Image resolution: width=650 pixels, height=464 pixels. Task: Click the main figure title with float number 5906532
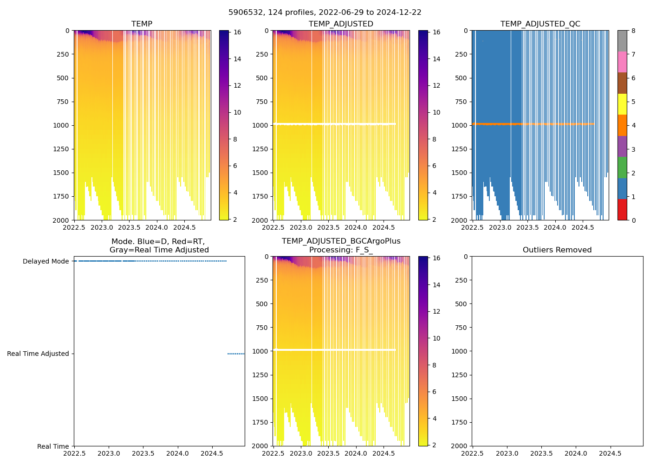325,13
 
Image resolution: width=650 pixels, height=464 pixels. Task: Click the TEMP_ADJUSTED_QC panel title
540,24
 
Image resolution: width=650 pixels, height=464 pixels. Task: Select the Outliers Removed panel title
557,250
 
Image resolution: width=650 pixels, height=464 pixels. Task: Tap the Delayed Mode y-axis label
46,262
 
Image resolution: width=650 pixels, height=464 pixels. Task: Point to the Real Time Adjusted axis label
38,354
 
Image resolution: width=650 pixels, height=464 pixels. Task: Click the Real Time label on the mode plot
53,447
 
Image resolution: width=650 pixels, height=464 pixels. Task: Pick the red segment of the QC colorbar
622,209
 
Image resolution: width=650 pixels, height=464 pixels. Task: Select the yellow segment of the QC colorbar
622,104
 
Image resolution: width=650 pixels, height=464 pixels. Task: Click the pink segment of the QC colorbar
622,62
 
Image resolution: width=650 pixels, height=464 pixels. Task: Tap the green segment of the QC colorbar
622,167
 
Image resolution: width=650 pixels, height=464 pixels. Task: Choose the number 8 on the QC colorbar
634,31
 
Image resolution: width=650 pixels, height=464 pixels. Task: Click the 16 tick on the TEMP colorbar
237,32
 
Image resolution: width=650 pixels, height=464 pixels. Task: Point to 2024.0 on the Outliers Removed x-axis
576,453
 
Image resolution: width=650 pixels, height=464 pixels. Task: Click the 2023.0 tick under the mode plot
109,453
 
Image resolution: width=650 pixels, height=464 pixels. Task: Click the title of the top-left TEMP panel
142,24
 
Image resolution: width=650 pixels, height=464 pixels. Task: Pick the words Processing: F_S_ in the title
341,250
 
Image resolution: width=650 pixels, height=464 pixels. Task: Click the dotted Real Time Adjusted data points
236,354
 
